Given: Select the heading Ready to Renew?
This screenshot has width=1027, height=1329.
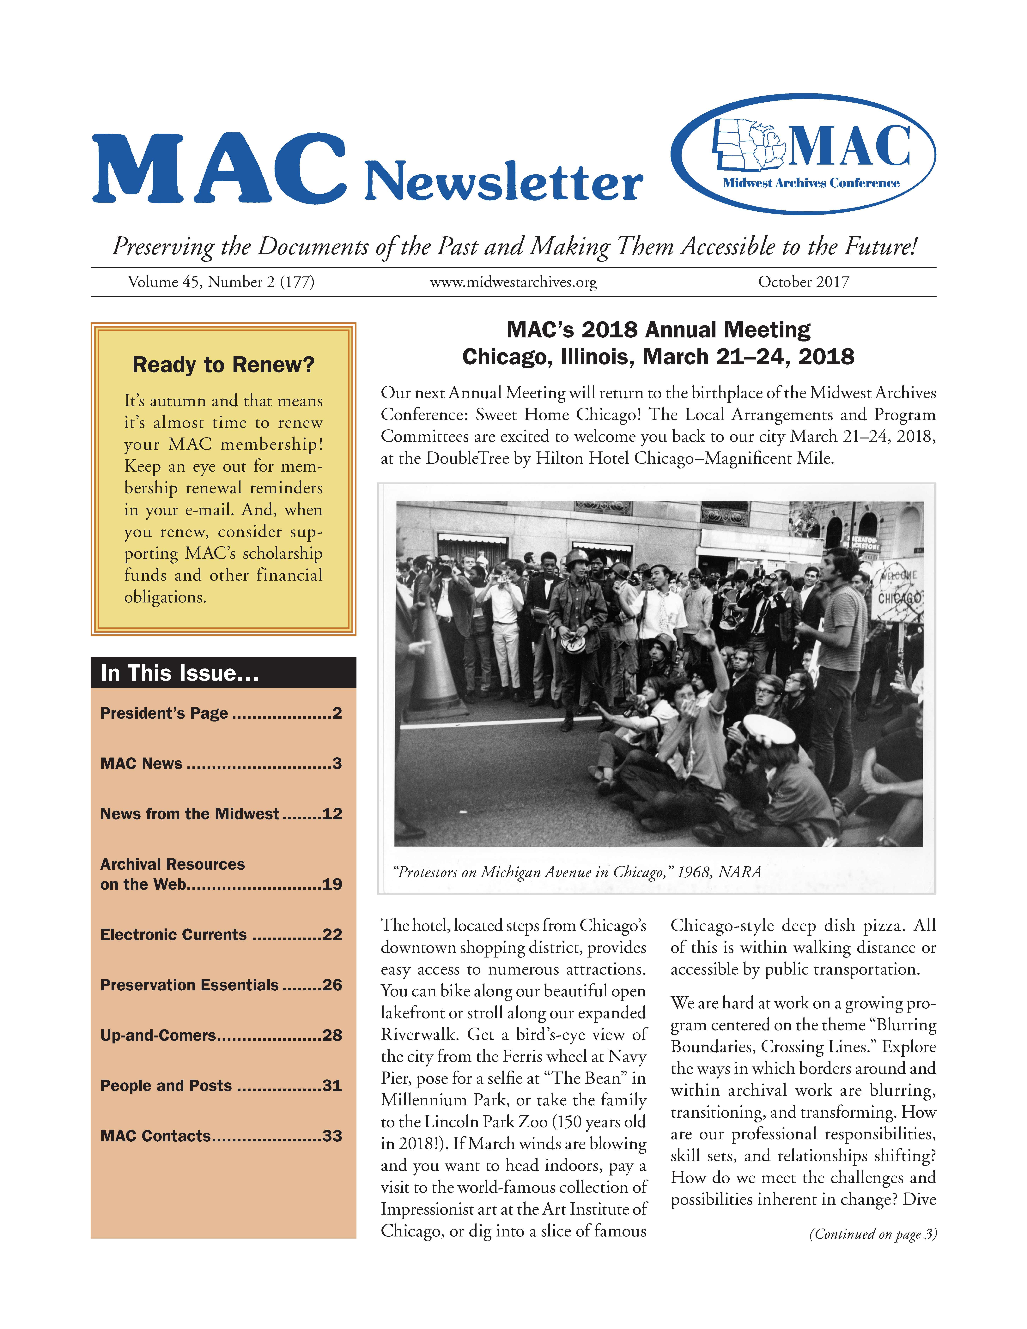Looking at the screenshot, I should pos(223,365).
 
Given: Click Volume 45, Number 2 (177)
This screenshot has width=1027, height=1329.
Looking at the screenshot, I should pos(221,282).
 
